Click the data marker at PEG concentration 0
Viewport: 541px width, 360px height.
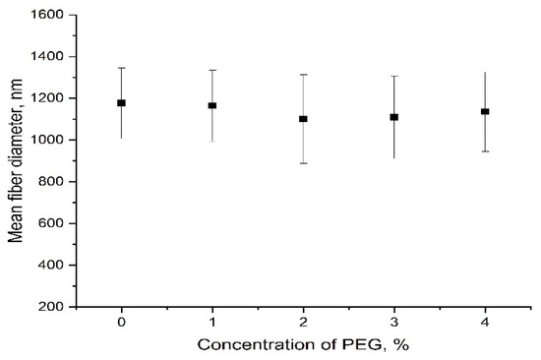pyautogui.click(x=122, y=102)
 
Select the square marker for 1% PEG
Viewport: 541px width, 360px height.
pyautogui.click(x=212, y=105)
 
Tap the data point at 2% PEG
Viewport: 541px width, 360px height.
pyautogui.click(x=303, y=119)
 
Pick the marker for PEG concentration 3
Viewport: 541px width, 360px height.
pyautogui.click(x=394, y=117)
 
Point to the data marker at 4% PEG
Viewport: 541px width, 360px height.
pyautogui.click(x=485, y=111)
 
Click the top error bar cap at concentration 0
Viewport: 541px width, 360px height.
pyautogui.click(x=122, y=68)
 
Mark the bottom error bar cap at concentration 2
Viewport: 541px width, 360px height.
pyautogui.click(x=303, y=163)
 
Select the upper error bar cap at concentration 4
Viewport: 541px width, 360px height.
pyautogui.click(x=485, y=73)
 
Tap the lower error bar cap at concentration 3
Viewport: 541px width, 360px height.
pyautogui.click(x=394, y=158)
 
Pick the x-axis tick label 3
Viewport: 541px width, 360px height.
pyautogui.click(x=394, y=323)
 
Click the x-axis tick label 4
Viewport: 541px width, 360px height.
pyautogui.click(x=485, y=323)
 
